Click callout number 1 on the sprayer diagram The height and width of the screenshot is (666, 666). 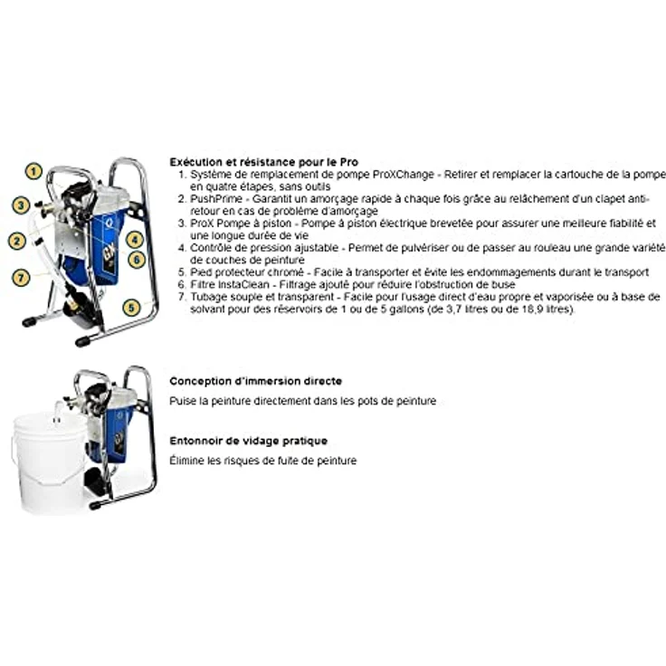click(x=33, y=170)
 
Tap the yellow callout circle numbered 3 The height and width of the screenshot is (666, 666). click(x=21, y=205)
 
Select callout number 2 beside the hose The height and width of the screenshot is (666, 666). click(x=15, y=241)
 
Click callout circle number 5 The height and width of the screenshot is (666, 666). click(x=132, y=308)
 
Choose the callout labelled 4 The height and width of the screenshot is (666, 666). click(x=135, y=240)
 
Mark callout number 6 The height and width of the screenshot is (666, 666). click(x=137, y=260)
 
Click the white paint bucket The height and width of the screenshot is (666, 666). click(x=50, y=461)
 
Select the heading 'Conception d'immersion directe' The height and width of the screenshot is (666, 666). click(x=256, y=382)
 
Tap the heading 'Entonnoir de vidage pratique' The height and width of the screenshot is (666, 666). click(x=249, y=441)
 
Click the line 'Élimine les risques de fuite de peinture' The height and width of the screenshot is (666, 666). click(x=263, y=461)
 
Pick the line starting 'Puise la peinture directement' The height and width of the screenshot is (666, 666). click(x=303, y=401)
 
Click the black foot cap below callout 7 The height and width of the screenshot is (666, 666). click(x=29, y=320)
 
